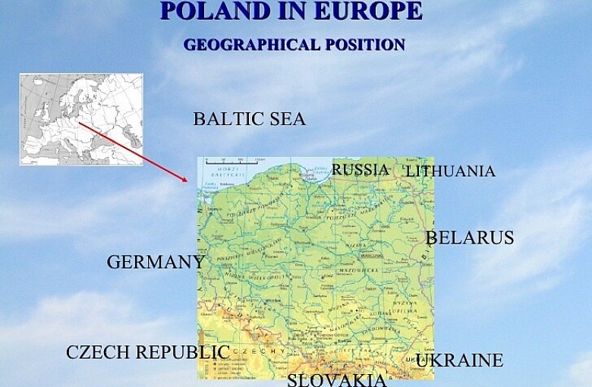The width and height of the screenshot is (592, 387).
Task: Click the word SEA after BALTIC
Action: coord(288,119)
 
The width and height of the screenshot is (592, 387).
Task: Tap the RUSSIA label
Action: coord(360,169)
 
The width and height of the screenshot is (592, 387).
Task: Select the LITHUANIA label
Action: coord(450,171)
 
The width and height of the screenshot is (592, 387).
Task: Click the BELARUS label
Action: coord(470,238)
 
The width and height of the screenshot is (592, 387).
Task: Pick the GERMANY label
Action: coord(155,263)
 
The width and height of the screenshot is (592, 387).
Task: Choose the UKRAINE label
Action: coord(459,360)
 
